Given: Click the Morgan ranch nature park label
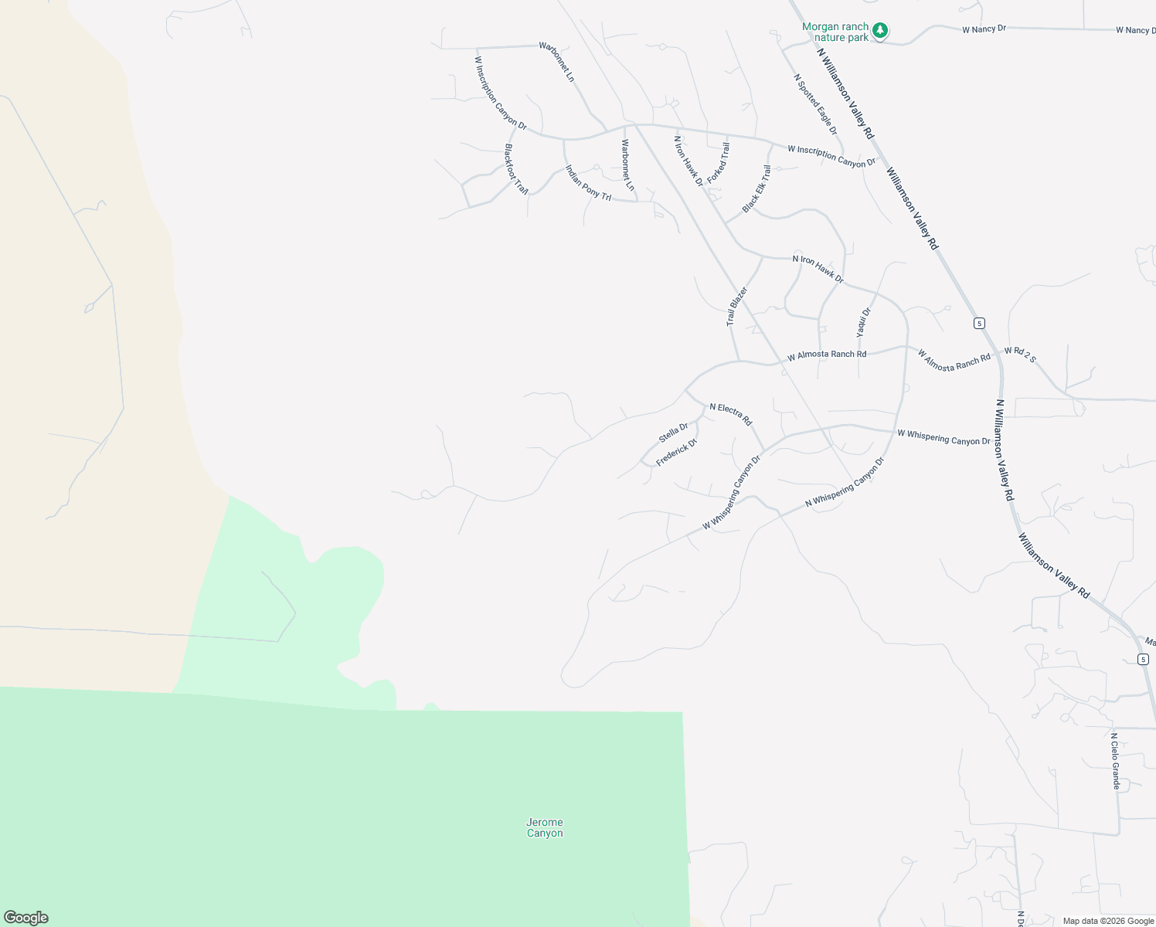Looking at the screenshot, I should tap(835, 32).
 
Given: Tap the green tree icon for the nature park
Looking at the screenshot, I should tap(879, 31).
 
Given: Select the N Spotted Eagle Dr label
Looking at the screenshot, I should tap(815, 104).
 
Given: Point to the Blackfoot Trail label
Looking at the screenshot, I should tap(516, 168).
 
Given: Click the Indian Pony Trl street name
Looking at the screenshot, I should tap(588, 183).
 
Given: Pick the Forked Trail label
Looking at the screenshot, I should tap(718, 162).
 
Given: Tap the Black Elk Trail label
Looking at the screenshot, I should tap(756, 188).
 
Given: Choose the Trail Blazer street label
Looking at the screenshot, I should tap(736, 307).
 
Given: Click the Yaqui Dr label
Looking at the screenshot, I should tap(863, 322).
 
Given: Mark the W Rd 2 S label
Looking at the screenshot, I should tap(1020, 355).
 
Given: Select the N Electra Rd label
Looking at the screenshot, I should tap(730, 414).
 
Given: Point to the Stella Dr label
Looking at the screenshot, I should tap(673, 433).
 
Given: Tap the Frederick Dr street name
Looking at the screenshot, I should tap(676, 452).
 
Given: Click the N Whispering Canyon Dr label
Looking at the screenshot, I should tap(844, 482).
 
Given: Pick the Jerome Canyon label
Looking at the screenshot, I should tap(545, 827).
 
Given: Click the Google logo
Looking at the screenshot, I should tap(25, 918).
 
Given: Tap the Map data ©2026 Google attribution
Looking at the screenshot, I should tap(1107, 921).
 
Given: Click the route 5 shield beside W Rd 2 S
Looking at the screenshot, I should tap(979, 323).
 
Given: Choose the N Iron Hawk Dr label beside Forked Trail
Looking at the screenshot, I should tap(688, 161).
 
